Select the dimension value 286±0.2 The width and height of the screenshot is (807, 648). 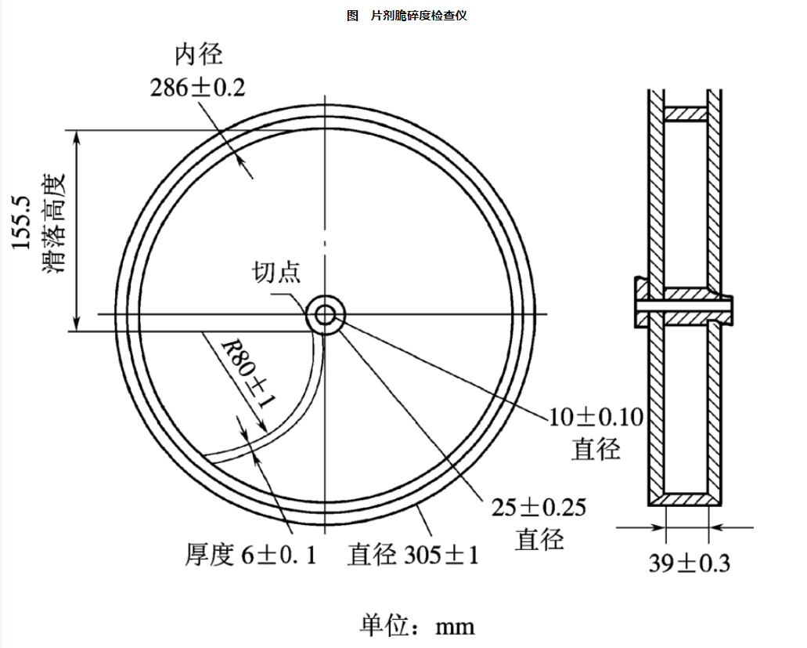pyautogui.click(x=197, y=87)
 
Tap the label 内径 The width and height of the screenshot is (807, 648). pyautogui.click(x=198, y=55)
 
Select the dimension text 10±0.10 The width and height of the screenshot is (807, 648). pyautogui.click(x=596, y=417)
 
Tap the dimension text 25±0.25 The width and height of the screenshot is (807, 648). pyautogui.click(x=539, y=508)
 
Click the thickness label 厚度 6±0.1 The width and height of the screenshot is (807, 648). pyautogui.click(x=251, y=555)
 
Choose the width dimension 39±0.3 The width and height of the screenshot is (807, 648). pyautogui.click(x=689, y=562)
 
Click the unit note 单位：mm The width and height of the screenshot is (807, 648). pyautogui.click(x=417, y=625)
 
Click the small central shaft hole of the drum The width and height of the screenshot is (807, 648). pyautogui.click(x=326, y=315)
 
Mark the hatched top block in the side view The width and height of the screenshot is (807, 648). pyautogui.click(x=686, y=114)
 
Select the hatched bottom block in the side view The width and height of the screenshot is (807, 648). pyautogui.click(x=686, y=498)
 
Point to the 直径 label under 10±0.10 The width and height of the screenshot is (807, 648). pyautogui.click(x=596, y=449)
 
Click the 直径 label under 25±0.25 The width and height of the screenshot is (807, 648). pyautogui.click(x=539, y=540)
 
